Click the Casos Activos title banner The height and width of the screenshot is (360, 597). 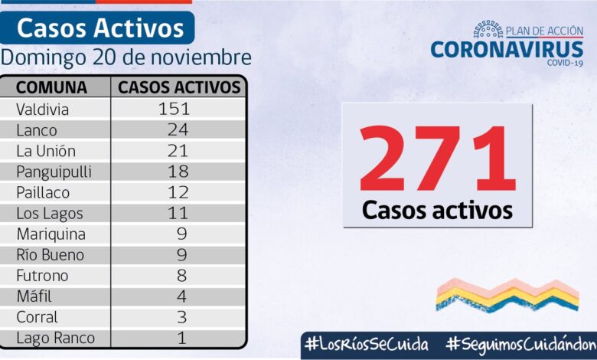(100, 28)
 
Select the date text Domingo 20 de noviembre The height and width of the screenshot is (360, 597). (126, 57)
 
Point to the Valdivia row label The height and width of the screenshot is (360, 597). (42, 109)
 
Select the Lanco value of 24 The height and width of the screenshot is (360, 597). (177, 130)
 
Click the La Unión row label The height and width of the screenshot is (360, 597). (46, 151)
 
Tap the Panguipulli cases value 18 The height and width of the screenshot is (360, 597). (177, 172)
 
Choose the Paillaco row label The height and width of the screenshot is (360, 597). (43, 192)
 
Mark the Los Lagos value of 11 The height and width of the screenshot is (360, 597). (177, 214)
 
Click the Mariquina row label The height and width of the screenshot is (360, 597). (51, 234)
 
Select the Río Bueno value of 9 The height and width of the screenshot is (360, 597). (181, 255)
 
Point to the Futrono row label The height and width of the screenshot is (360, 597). (43, 276)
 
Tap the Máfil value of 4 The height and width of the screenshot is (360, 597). (181, 296)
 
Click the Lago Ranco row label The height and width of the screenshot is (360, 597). (55, 338)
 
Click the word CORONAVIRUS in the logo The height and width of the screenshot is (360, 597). (507, 50)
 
